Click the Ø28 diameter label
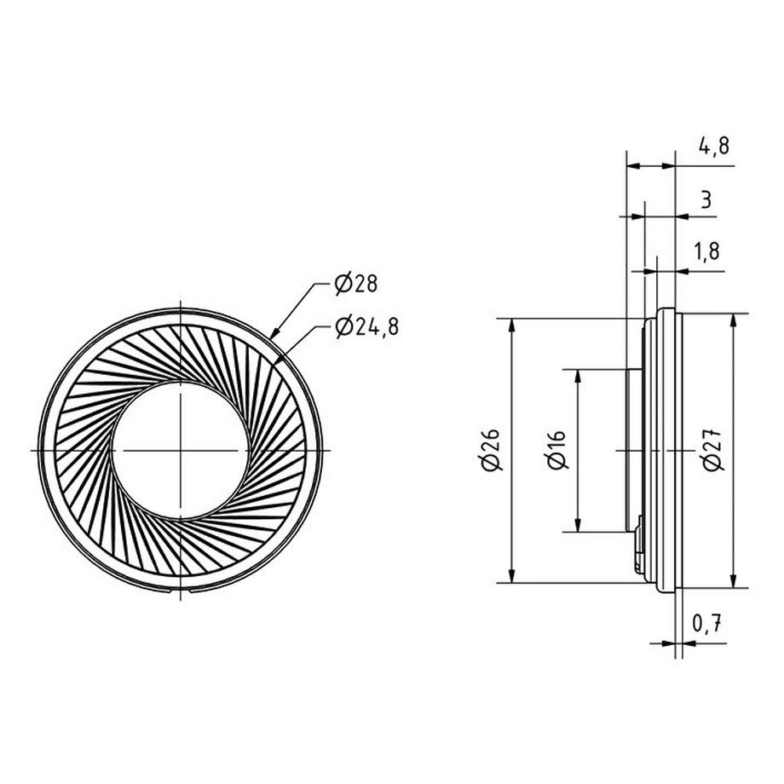tap(356, 284)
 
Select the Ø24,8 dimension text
tap(367, 327)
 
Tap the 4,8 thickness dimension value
tap(714, 146)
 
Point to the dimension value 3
tap(706, 200)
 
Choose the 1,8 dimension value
tap(706, 251)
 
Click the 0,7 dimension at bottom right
tap(707, 623)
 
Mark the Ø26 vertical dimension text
tap(491, 450)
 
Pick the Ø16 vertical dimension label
tap(556, 450)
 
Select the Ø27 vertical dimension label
tap(712, 450)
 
